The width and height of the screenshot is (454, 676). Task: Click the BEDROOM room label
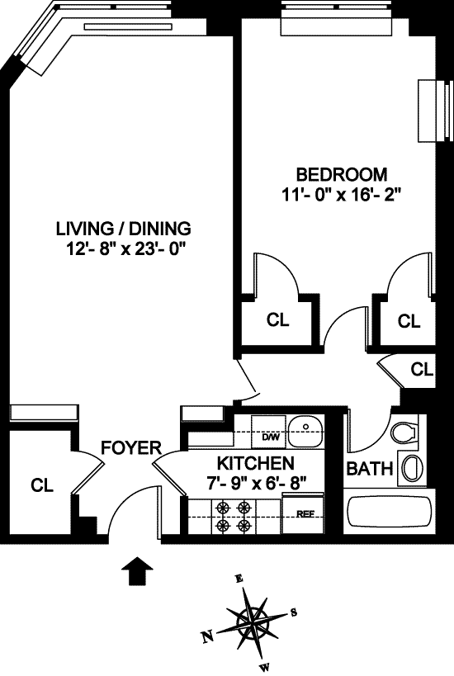(x=342, y=175)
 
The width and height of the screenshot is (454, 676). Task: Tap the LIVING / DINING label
(x=124, y=229)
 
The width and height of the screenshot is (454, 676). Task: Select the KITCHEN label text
(x=256, y=463)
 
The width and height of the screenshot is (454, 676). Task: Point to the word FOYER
(x=131, y=448)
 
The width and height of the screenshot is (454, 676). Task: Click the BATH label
(x=370, y=469)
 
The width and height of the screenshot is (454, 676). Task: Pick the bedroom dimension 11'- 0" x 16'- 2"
(x=342, y=196)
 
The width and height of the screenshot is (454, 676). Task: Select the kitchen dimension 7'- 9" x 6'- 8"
(x=258, y=484)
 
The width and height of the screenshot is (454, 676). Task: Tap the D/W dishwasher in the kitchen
(x=268, y=432)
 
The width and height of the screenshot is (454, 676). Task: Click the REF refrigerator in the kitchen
(x=303, y=513)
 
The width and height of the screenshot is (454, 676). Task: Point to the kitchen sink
(x=305, y=431)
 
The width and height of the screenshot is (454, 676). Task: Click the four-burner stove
(x=234, y=516)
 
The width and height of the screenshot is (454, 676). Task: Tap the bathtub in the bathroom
(x=390, y=512)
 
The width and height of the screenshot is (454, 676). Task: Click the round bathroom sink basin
(x=413, y=467)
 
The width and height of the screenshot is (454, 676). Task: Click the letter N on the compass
(x=208, y=636)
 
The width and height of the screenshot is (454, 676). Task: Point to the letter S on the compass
(x=294, y=612)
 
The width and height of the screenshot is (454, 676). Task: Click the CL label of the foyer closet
(x=42, y=485)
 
